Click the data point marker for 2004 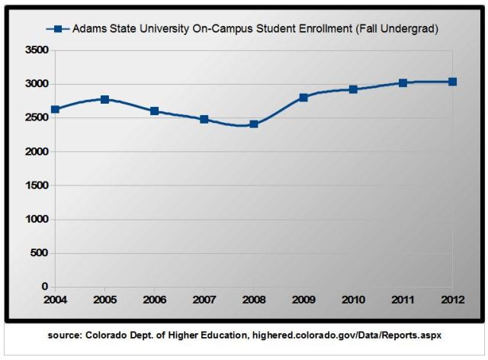(x=55, y=109)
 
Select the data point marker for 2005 (x=104, y=99)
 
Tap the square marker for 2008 (x=254, y=124)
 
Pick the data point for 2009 (x=303, y=98)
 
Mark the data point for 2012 (x=452, y=82)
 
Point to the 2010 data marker (x=353, y=89)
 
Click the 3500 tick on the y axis (x=36, y=50)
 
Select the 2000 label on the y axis (x=36, y=152)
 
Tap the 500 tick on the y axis (x=39, y=253)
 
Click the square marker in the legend (x=56, y=29)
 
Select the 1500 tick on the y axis (x=36, y=185)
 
